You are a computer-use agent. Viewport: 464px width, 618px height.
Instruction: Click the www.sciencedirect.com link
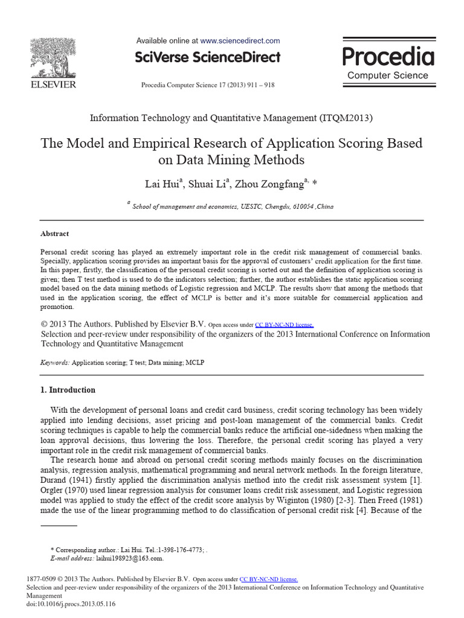(240, 41)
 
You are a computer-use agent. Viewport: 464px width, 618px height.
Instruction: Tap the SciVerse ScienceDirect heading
(208, 57)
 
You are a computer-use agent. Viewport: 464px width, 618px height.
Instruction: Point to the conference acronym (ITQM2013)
(346, 118)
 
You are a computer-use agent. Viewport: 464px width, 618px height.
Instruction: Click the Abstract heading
(54, 234)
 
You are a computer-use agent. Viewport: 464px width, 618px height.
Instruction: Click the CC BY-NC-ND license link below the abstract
(285, 324)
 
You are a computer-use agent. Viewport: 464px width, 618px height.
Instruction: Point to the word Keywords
(54, 363)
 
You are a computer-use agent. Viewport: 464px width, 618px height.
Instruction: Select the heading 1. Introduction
(68, 390)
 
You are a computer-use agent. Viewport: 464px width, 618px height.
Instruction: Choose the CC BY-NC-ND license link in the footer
(269, 578)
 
